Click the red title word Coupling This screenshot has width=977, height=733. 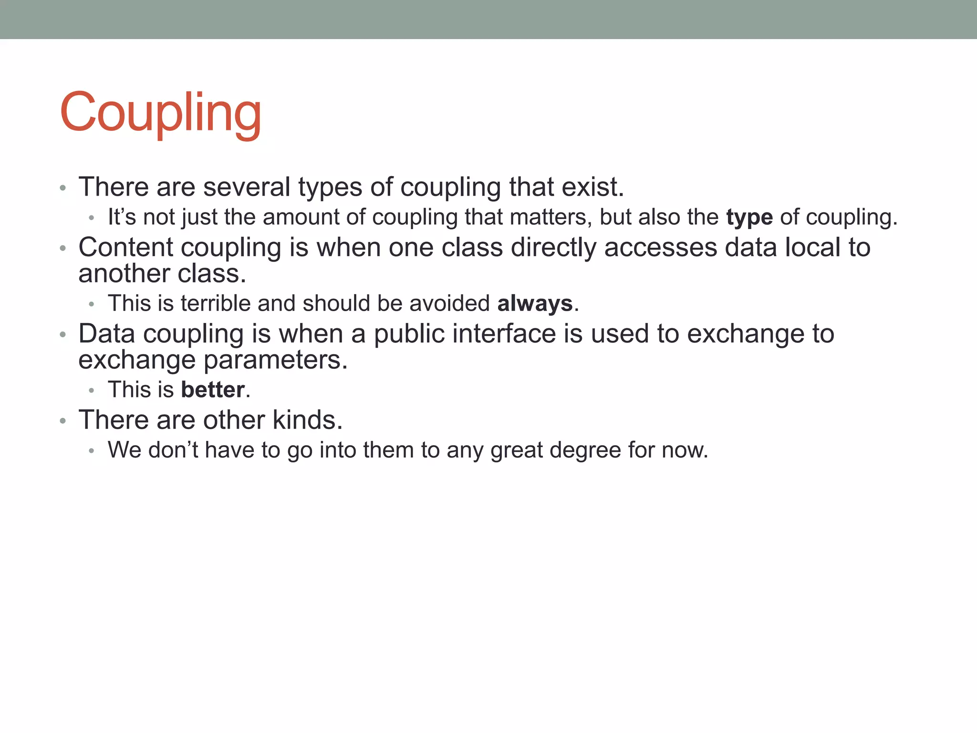coord(160,113)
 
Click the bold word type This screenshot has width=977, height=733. coord(749,217)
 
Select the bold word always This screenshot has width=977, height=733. coord(534,304)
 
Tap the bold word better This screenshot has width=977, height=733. coord(213,390)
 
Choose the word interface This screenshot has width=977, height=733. coord(504,334)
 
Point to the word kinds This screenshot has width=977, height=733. coord(307,420)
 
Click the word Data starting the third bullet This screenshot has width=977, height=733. coord(107,334)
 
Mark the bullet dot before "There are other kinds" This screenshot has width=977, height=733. coord(63,421)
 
